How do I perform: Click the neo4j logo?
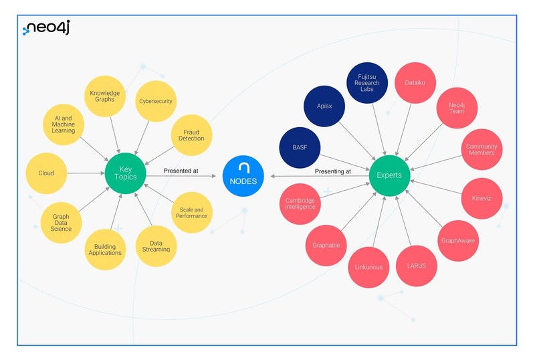pyautogui.click(x=47, y=27)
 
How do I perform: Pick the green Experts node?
pyautogui.click(x=389, y=175)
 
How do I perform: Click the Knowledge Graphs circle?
pyautogui.click(x=104, y=96)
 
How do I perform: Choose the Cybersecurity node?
pyautogui.click(x=156, y=101)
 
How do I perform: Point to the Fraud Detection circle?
pyautogui.click(x=192, y=134)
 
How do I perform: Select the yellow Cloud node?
pyautogui.click(x=46, y=173)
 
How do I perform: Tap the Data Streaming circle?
pyautogui.click(x=156, y=246)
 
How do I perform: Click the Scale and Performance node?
pyautogui.click(x=192, y=212)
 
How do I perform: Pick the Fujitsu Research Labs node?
pyautogui.click(x=367, y=82)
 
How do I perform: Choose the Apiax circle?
pyautogui.click(x=324, y=106)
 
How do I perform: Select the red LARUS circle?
pyautogui.click(x=416, y=266)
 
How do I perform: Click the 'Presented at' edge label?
pyautogui.click(x=181, y=171)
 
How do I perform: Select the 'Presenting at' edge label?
pyautogui.click(x=333, y=171)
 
